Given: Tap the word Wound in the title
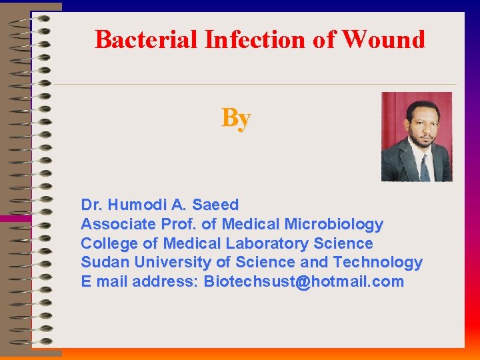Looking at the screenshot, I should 383,40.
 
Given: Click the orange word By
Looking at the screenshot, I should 236,118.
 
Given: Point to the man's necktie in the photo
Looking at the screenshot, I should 425,167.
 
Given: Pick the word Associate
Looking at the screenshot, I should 117,224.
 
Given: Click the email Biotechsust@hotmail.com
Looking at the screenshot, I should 303,281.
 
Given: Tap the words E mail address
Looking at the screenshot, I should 139,281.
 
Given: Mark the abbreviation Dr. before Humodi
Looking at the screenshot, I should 91,205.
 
